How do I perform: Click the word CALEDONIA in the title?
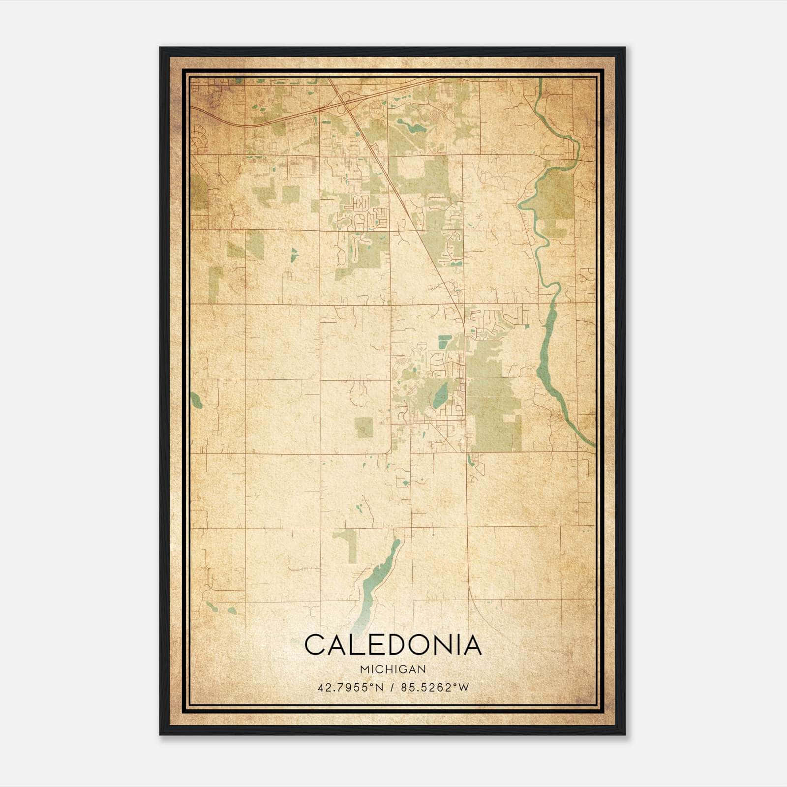[393, 645]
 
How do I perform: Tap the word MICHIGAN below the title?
[393, 669]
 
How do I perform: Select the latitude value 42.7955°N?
[350, 688]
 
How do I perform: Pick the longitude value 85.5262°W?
[435, 688]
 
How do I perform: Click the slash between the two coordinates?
[393, 688]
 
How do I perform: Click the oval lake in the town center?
[440, 395]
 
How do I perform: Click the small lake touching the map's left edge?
[196, 400]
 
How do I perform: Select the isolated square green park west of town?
[364, 427]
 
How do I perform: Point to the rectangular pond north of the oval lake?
[445, 338]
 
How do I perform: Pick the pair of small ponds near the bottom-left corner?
[221, 608]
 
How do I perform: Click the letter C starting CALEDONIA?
[315, 645]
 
